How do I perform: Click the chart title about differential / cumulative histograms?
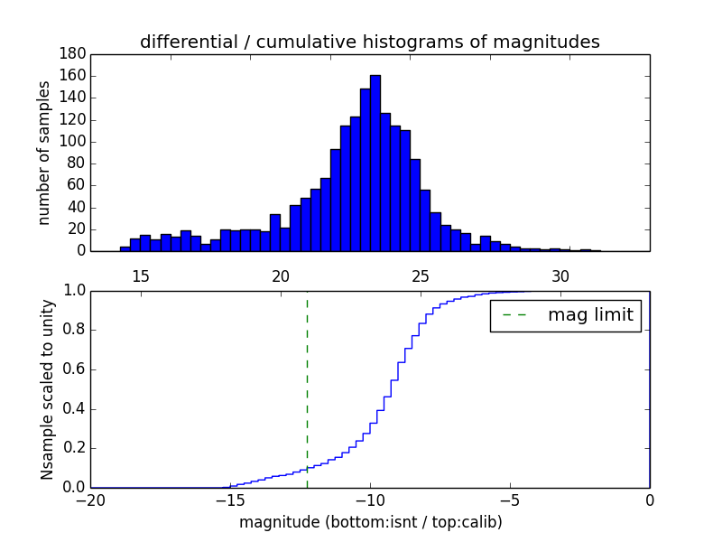pos(369,42)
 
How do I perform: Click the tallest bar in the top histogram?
pos(375,163)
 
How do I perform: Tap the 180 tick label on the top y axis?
pos(73,54)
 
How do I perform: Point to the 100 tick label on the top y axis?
pos(73,142)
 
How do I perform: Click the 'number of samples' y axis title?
pos(44,153)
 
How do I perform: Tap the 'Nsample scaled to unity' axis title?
pos(47,389)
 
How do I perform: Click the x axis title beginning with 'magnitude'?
pos(370,522)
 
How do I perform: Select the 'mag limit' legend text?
pos(590,315)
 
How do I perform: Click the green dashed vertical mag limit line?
pos(307,388)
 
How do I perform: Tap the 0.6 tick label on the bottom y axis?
pos(73,369)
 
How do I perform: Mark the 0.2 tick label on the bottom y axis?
pos(73,448)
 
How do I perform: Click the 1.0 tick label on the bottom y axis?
pos(73,291)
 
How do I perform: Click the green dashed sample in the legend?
pos(514,315)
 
